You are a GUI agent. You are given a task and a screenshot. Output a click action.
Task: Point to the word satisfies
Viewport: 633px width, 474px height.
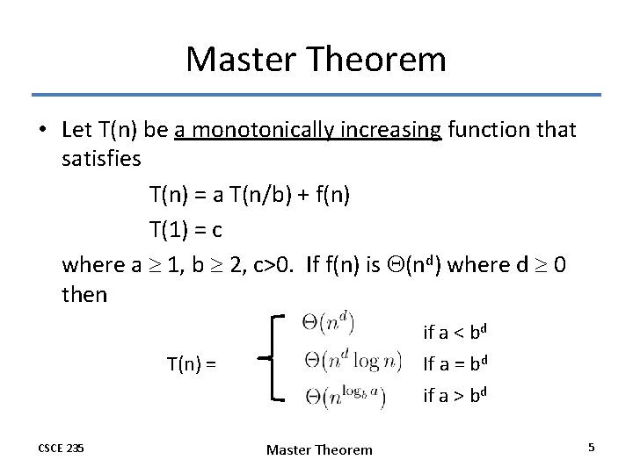click(x=102, y=161)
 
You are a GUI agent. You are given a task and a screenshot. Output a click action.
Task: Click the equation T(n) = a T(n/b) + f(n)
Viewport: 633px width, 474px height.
click(x=250, y=195)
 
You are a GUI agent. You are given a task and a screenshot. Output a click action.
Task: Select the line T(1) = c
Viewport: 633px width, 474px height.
click(x=186, y=229)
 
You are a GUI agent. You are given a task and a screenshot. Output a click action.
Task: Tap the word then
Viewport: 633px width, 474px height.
click(x=84, y=294)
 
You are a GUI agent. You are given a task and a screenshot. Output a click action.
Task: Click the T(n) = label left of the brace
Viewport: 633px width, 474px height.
click(x=193, y=362)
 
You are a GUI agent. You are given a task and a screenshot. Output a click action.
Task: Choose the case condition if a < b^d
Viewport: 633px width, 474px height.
click(x=455, y=332)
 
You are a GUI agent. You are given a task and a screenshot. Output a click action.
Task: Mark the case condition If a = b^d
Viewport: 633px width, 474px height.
click(x=455, y=363)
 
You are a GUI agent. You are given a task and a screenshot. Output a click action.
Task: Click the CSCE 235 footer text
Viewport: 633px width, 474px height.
click(x=61, y=449)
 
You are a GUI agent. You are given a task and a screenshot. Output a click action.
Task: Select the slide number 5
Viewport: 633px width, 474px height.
click(x=592, y=448)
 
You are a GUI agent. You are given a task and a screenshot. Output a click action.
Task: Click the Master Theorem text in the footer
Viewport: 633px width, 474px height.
click(x=319, y=449)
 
